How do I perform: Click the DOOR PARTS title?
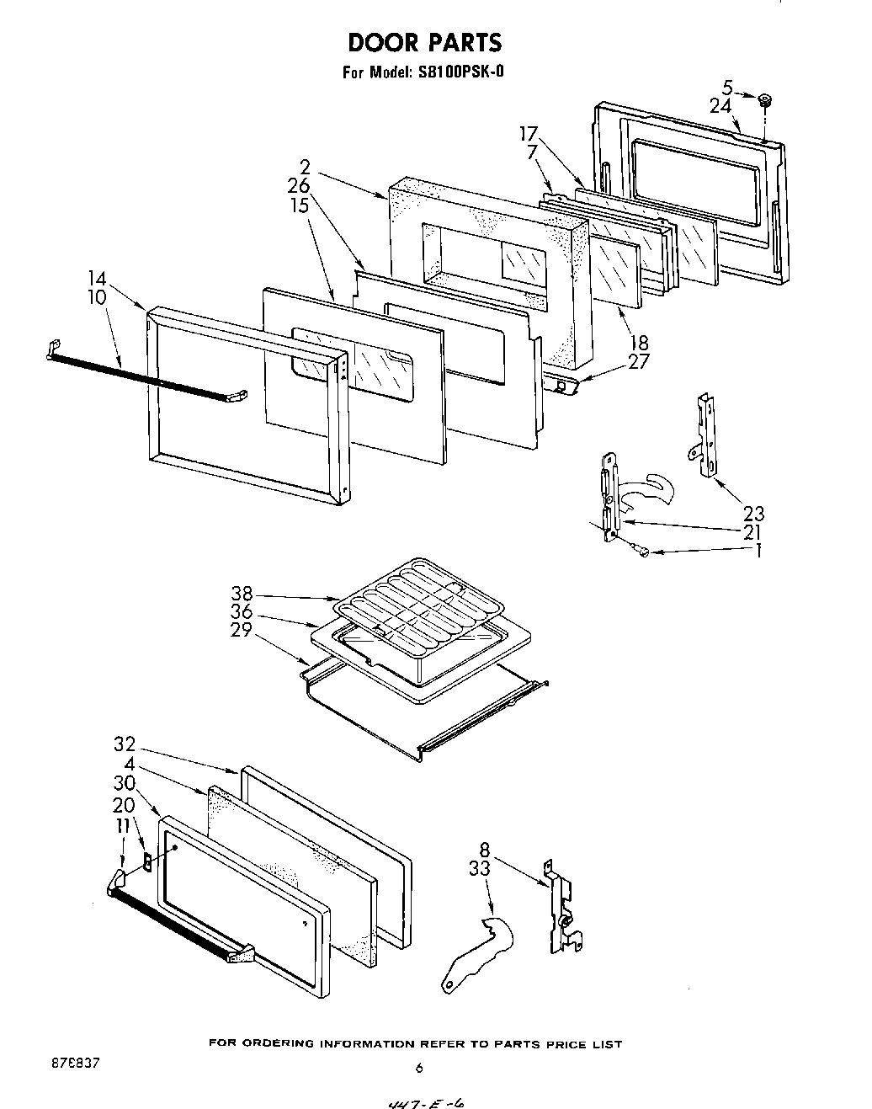click(x=424, y=42)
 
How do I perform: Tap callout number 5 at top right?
click(x=726, y=86)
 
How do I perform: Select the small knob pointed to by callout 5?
click(x=765, y=101)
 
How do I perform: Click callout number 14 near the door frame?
click(x=97, y=278)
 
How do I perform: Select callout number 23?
click(x=753, y=513)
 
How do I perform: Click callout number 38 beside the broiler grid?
click(x=242, y=593)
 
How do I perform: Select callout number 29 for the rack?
click(x=242, y=630)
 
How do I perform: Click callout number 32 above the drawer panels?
click(x=125, y=744)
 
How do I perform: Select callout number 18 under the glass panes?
click(x=639, y=343)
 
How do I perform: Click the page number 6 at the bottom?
click(x=418, y=1069)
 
